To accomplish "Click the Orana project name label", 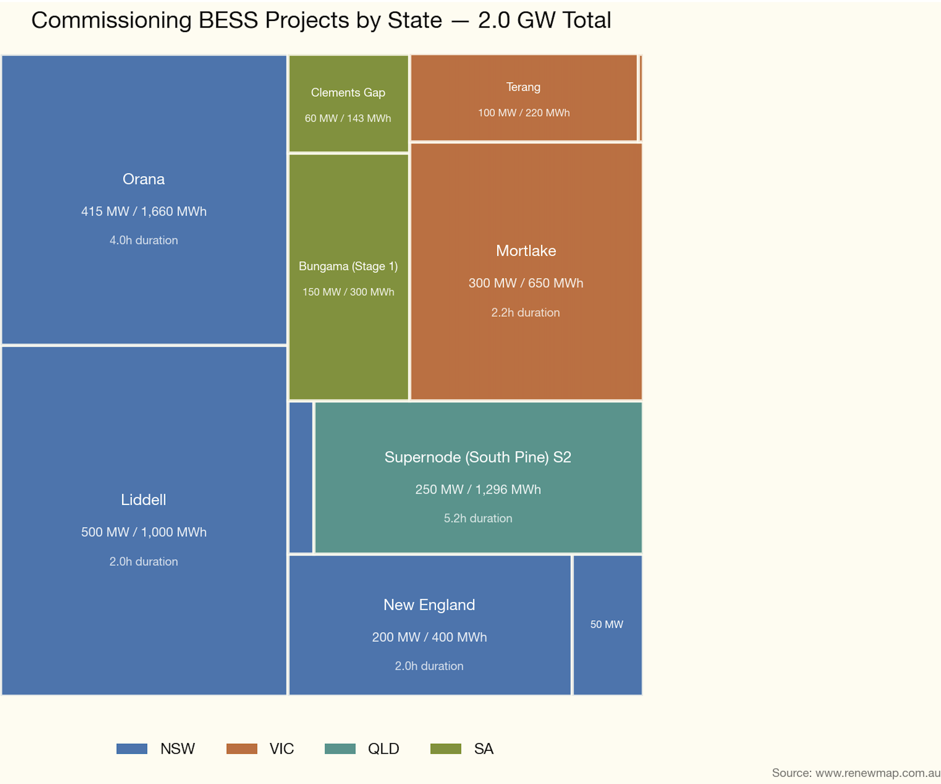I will (143, 179).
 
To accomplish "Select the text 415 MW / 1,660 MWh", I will (143, 211).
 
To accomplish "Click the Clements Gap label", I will (348, 93).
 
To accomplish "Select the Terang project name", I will (523, 87).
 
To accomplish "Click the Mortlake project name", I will (526, 251).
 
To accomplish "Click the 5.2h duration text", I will (478, 519).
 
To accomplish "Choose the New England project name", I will (429, 605).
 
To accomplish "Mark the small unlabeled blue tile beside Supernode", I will (301, 477).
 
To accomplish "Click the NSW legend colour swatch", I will (132, 749).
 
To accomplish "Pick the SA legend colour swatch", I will (446, 749).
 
